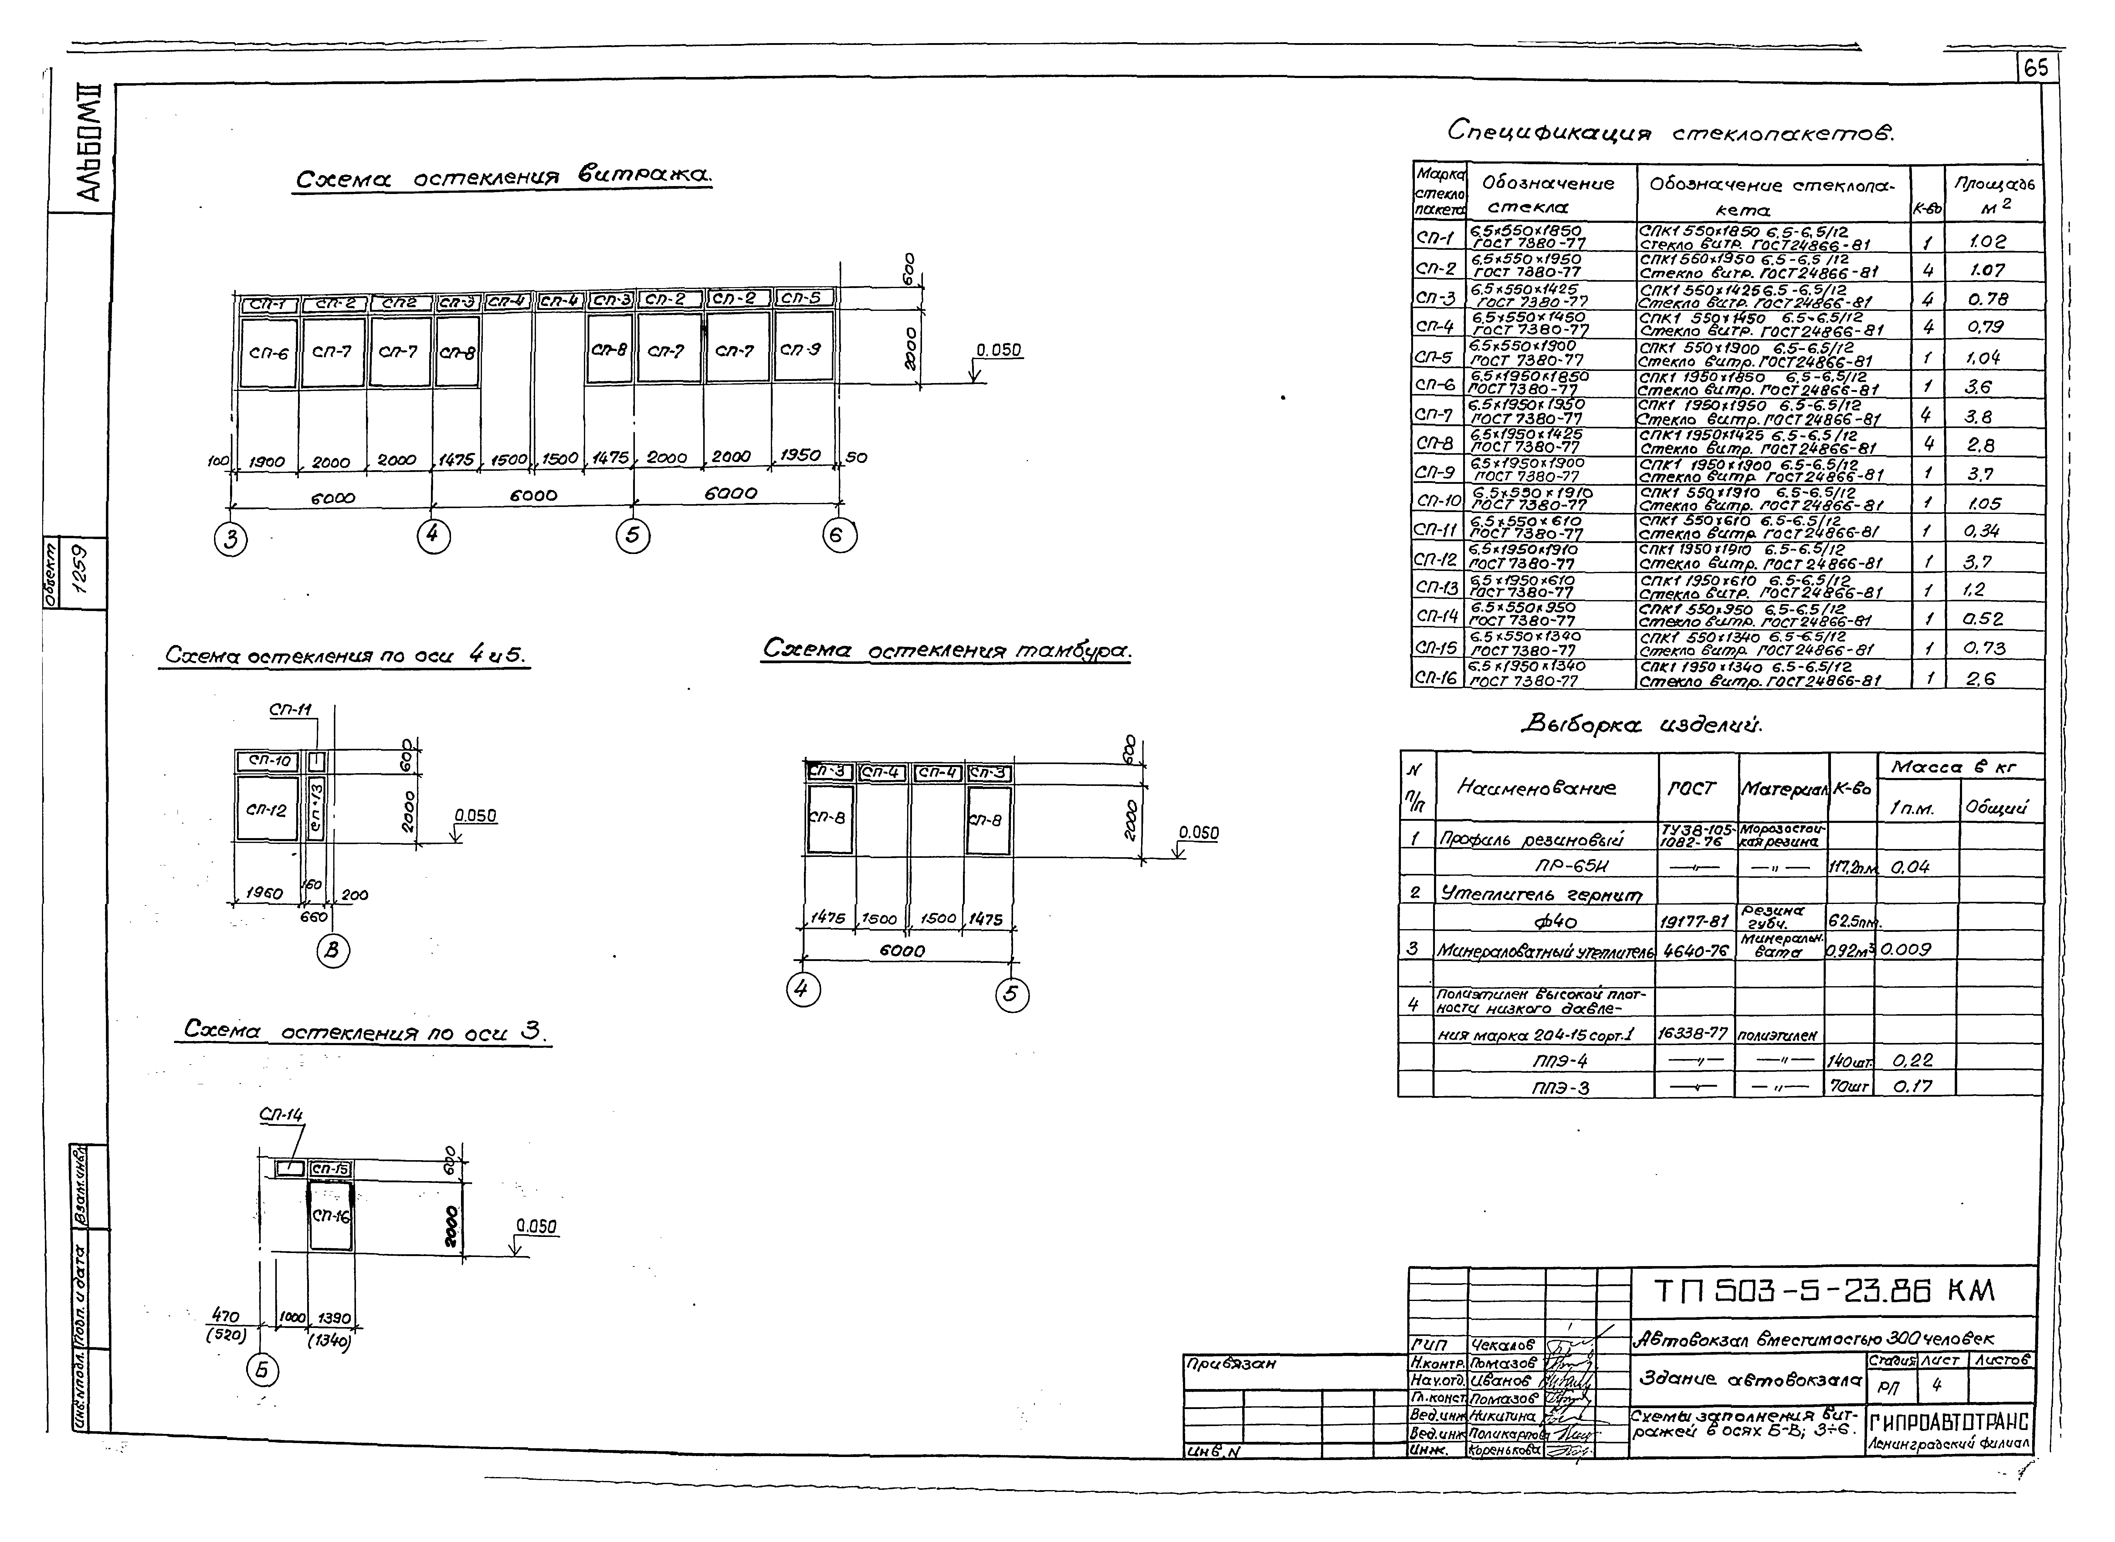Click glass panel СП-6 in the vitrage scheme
(269, 353)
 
